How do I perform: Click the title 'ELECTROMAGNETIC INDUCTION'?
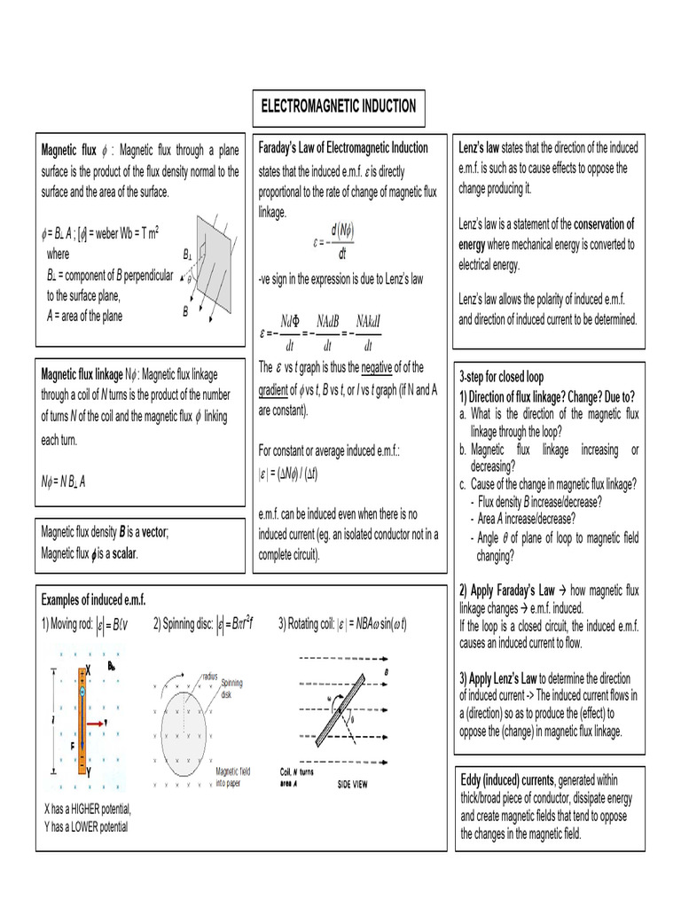[x=337, y=106]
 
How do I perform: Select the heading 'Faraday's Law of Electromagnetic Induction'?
[x=342, y=147]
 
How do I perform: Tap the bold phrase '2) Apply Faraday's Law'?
[x=506, y=591]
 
